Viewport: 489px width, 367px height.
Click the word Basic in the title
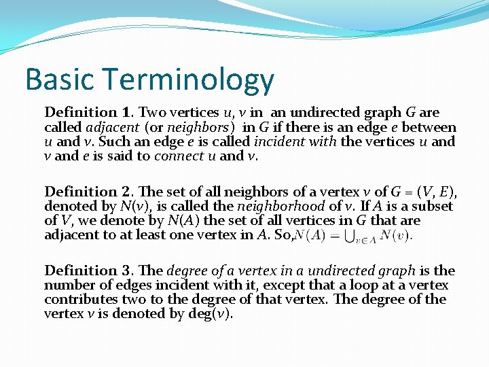click(58, 80)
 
